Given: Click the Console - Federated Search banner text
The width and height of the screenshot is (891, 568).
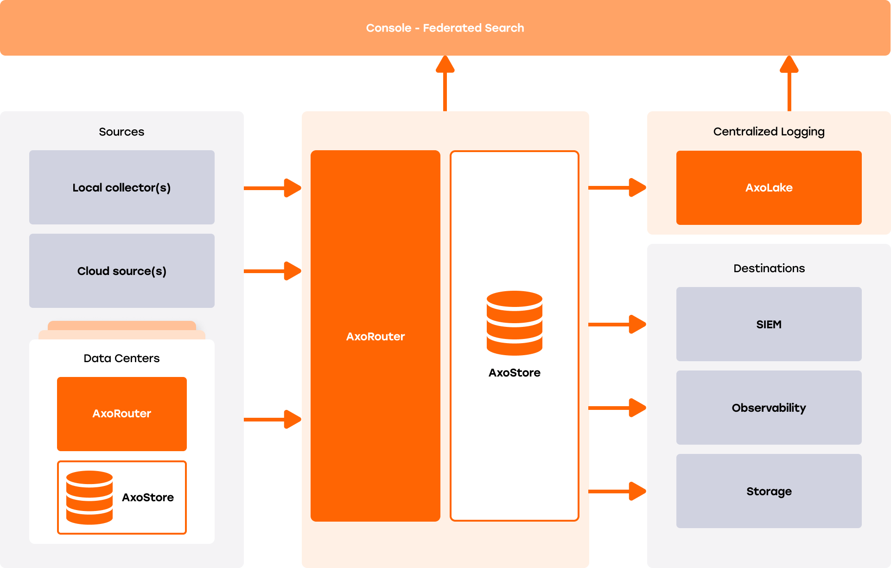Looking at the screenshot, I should point(445,28).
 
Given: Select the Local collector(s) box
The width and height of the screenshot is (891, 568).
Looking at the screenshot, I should point(121,187).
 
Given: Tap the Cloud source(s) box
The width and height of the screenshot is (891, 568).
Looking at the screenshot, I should point(121,271).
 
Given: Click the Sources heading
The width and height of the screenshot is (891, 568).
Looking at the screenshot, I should point(121,132).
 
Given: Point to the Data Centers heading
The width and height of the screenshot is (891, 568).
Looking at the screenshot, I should point(121,358).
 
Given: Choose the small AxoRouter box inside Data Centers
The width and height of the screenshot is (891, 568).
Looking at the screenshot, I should point(121,414).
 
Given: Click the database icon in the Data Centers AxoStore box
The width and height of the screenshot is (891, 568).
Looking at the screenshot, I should point(89,497).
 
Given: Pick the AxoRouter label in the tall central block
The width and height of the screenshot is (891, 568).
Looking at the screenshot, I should point(375,336).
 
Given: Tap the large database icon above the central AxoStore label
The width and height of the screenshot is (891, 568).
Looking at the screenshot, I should point(515,323).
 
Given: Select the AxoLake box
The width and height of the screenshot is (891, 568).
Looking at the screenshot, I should point(769,187).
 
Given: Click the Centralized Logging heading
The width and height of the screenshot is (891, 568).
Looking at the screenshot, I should point(769,132).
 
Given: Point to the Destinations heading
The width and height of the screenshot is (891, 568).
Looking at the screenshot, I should point(769,268).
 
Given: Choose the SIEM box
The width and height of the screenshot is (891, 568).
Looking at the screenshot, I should point(769,324).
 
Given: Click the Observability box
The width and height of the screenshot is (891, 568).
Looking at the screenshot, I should point(769,408).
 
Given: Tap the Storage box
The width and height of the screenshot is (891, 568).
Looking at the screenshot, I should point(769,491).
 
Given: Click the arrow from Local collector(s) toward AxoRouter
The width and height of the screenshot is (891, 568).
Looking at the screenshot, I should point(273,188).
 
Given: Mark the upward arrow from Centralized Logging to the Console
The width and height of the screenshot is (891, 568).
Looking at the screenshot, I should point(789,83).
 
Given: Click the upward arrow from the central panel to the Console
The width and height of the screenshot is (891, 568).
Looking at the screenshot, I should point(445,83).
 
